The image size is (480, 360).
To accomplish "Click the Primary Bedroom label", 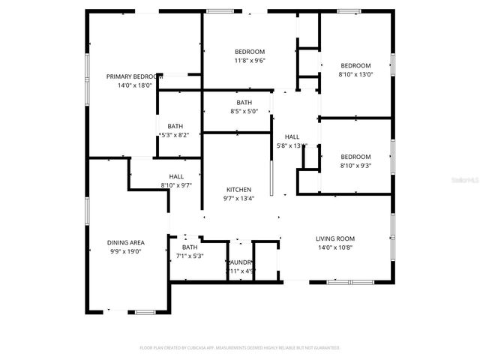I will [133, 76].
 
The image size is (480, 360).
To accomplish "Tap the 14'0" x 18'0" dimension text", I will [134, 85].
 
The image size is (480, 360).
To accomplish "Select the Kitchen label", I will [239, 190].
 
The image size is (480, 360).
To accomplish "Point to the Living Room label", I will [334, 238].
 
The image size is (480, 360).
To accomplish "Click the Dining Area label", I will [126, 242].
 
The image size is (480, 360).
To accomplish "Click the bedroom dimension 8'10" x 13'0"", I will [355, 74].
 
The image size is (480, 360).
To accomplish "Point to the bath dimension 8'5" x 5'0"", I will [244, 112].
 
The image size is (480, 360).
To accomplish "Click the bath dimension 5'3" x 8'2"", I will [175, 135].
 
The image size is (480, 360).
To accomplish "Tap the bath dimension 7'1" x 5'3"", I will [190, 256].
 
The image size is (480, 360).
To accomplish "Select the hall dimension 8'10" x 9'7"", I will [176, 184].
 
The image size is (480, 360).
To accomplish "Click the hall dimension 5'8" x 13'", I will [292, 145].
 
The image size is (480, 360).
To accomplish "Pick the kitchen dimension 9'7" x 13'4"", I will [239, 199].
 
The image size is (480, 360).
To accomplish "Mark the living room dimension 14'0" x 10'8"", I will [334, 247].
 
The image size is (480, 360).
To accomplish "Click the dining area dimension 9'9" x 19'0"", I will [126, 251].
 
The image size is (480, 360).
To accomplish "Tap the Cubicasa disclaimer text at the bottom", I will [240, 348].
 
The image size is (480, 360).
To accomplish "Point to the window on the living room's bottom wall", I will [351, 282].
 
